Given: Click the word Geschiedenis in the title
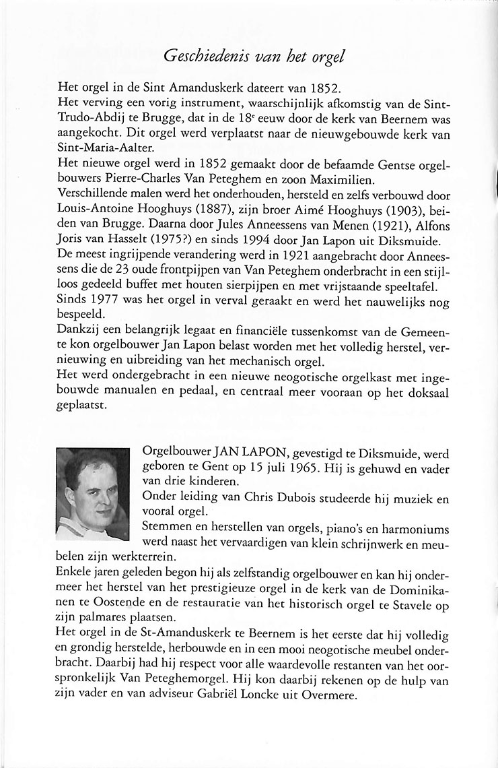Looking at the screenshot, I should pyautogui.click(x=202, y=57).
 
